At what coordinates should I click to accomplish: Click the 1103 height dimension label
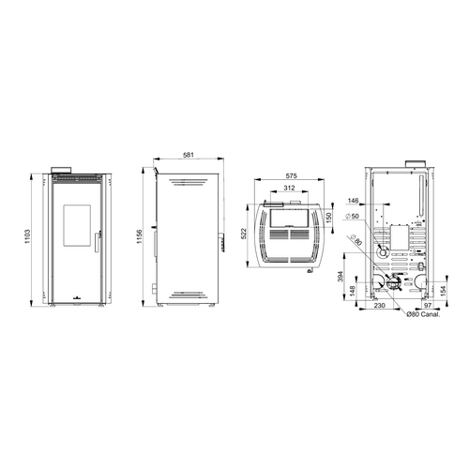click(27, 236)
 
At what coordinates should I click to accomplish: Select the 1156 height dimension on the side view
click(140, 236)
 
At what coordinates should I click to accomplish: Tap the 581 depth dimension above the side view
click(189, 155)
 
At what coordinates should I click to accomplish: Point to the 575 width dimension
click(291, 176)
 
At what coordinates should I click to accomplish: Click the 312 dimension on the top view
click(289, 188)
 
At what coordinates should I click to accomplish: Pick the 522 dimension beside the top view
click(244, 234)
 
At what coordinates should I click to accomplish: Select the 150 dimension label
click(328, 218)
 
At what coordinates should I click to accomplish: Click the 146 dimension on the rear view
click(353, 201)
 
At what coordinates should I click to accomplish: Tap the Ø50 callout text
click(352, 217)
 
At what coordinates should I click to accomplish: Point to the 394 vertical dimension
click(340, 277)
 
